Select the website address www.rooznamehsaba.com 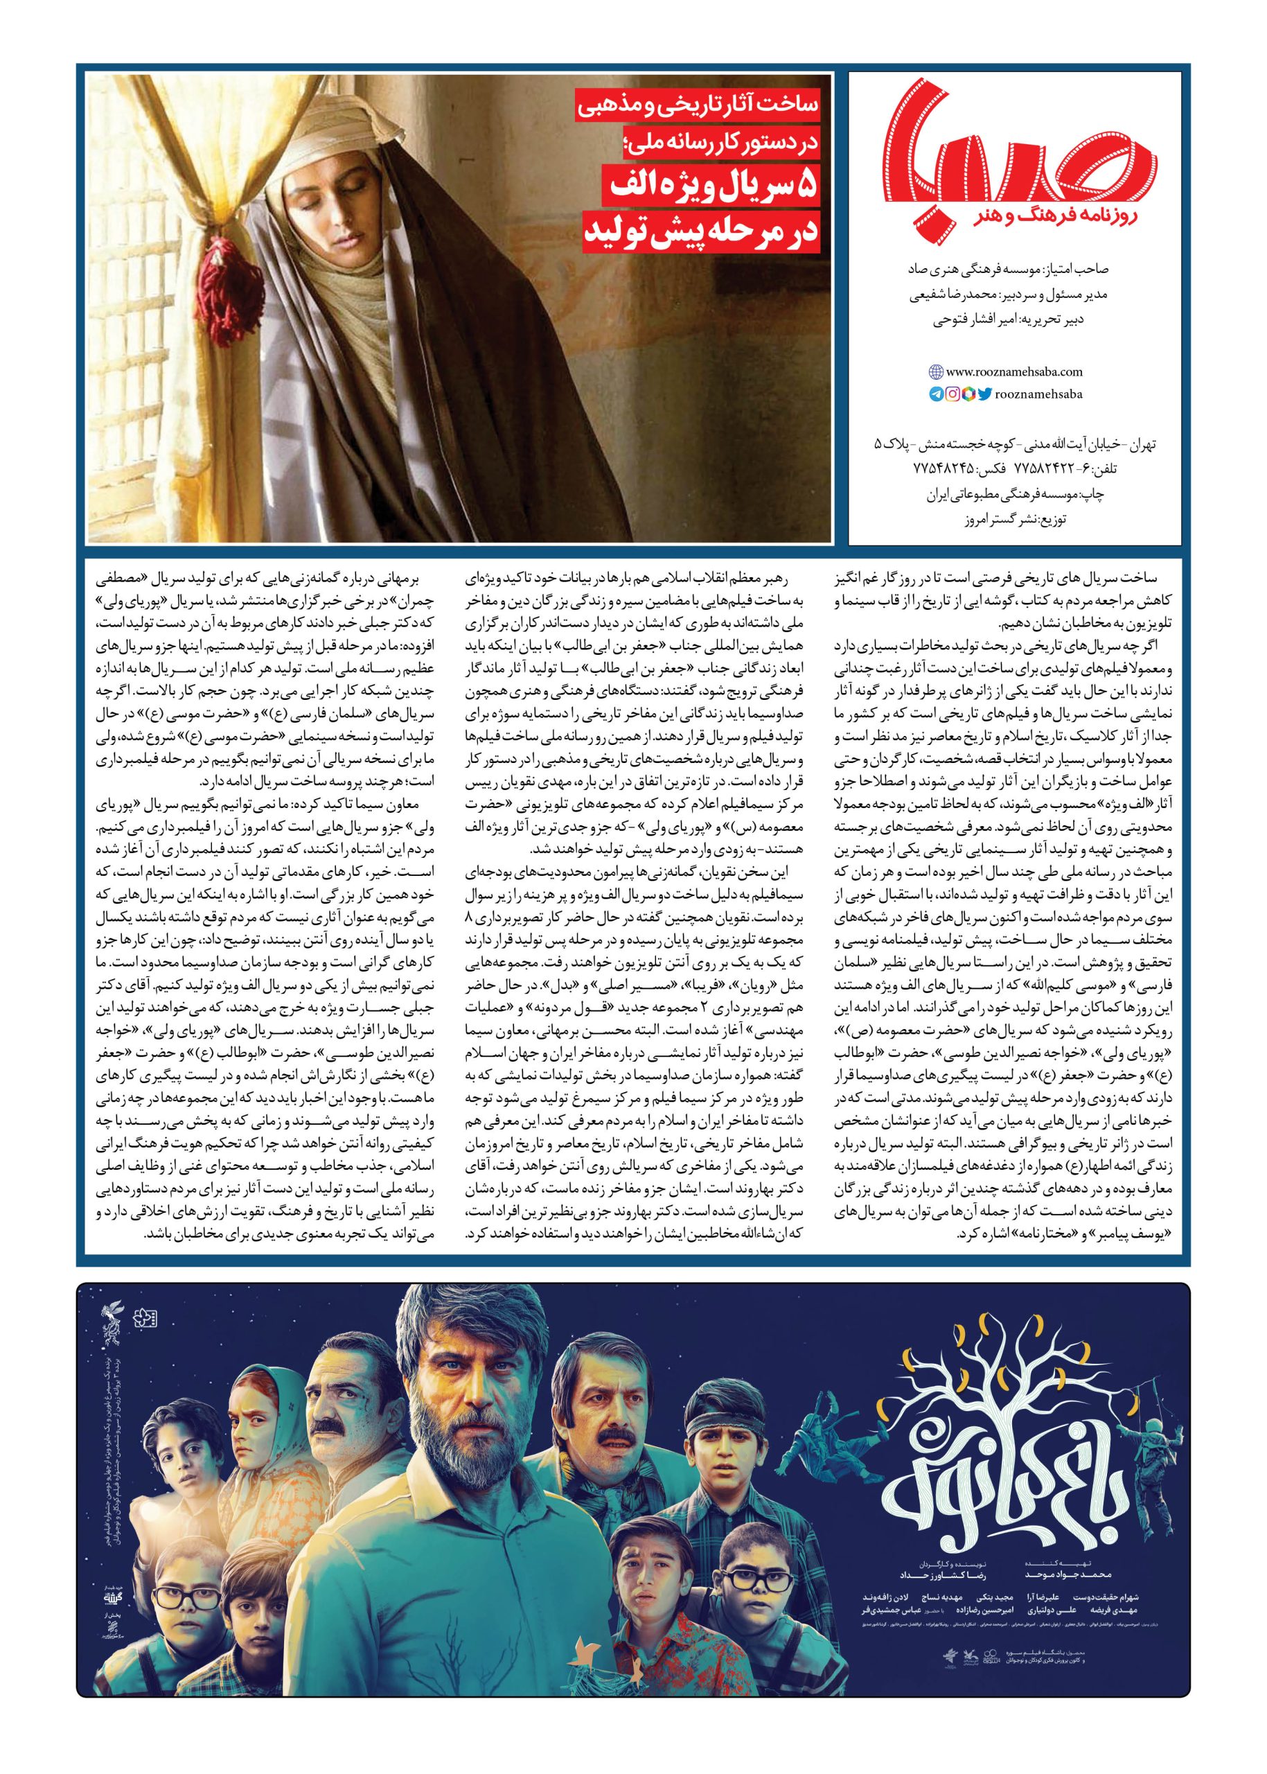[1011, 372]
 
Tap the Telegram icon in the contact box [934, 395]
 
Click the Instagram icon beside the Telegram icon [952, 395]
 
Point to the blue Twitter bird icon [985, 395]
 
